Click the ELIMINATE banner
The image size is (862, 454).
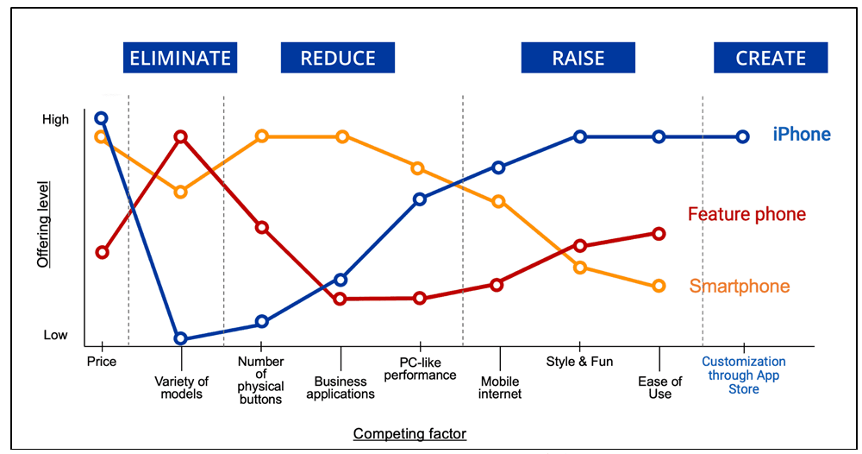coord(179,58)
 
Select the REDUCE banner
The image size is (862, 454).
coord(338,58)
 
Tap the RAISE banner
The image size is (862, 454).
coord(578,58)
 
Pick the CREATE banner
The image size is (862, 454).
coord(771,58)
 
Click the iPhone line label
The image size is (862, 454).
coord(801,135)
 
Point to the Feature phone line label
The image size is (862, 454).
coord(746,214)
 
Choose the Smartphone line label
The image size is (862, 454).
coord(740,287)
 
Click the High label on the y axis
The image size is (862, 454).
coord(55,120)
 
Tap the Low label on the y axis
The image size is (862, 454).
coord(55,335)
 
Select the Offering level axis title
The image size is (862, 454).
coord(43,224)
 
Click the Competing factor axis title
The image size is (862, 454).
coord(409,433)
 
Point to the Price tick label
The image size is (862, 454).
coord(102,362)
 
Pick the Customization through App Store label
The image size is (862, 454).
coord(743,375)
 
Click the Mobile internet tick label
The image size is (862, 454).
coord(499,388)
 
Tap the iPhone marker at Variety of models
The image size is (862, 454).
coord(181,338)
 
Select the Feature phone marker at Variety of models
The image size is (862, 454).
coord(181,136)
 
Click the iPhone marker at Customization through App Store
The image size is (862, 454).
coord(743,136)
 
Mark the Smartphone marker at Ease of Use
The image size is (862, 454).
coord(659,286)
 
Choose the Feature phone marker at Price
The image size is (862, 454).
coord(102,252)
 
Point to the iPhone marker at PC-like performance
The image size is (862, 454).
coord(420,199)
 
